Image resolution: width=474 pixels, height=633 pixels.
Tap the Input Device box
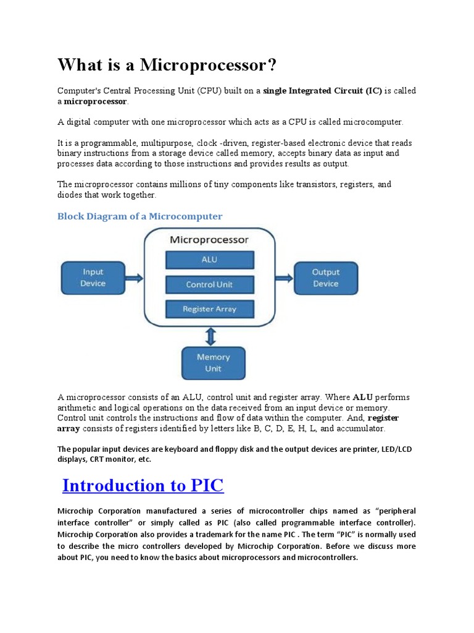click(x=93, y=278)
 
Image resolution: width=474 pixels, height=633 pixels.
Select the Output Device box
click(x=325, y=278)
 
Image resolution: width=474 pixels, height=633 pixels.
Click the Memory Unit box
click(x=213, y=363)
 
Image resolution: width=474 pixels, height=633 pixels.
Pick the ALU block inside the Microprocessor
click(x=209, y=260)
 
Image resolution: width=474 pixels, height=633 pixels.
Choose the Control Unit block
click(x=209, y=284)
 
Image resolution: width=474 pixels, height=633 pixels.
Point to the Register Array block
click(x=209, y=309)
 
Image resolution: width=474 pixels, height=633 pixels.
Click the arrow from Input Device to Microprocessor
click(x=134, y=279)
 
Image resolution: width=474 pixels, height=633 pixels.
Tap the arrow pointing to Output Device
click(x=284, y=279)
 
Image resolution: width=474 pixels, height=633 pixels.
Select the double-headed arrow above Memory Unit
click(x=210, y=336)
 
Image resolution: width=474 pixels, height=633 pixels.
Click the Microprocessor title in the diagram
click(x=209, y=239)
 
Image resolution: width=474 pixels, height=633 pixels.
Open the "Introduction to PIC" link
click(x=143, y=486)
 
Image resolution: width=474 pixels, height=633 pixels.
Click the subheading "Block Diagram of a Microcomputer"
click(x=139, y=216)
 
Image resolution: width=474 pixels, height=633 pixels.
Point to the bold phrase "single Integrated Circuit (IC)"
click(x=323, y=91)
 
